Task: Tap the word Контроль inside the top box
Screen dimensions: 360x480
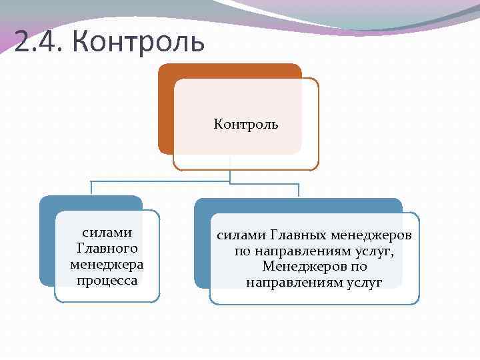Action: (x=246, y=124)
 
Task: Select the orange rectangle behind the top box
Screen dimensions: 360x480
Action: (x=165, y=107)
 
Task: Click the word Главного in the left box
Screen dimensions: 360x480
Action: (x=107, y=249)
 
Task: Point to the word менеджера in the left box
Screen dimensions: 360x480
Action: (x=107, y=264)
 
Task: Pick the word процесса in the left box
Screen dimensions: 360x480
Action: (x=107, y=279)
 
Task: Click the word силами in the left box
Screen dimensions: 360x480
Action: (x=107, y=233)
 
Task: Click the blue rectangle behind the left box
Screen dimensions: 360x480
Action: (x=47, y=240)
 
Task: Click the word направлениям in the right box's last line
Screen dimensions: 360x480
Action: (x=293, y=283)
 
